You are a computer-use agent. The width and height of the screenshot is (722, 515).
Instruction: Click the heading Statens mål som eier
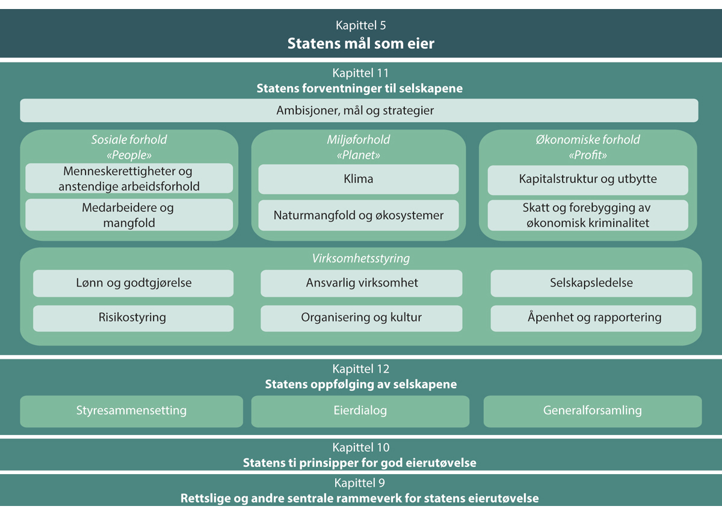[360, 43]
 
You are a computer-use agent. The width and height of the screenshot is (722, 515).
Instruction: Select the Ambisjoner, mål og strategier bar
[359, 111]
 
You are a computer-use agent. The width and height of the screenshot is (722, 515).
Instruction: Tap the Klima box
[359, 179]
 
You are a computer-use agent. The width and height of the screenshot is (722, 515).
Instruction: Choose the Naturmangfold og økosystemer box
[359, 215]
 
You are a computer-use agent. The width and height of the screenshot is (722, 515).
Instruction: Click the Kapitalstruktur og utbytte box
[588, 179]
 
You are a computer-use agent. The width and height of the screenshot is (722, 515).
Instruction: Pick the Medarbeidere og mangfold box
[129, 215]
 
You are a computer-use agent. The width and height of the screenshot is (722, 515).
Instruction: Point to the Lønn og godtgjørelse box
[133, 283]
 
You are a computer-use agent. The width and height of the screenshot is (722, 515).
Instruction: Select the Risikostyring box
[133, 318]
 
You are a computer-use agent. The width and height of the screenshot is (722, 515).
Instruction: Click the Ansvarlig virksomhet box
[361, 283]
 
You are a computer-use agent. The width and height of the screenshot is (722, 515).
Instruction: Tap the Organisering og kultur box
[361, 318]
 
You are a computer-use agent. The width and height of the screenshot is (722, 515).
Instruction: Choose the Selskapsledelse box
[591, 283]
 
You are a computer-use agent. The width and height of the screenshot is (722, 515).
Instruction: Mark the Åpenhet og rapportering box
[593, 318]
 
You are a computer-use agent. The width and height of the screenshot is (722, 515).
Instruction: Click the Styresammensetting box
[131, 411]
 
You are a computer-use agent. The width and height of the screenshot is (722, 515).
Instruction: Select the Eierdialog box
[360, 411]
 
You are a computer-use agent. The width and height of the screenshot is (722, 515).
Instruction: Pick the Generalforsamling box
[593, 411]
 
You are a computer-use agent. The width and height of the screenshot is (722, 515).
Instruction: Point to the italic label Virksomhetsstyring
[361, 259]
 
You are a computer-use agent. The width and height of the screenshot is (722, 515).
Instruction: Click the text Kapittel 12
[361, 369]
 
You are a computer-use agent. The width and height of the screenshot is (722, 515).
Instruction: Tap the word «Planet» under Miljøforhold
[359, 155]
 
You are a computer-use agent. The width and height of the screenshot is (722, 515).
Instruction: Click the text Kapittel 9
[361, 483]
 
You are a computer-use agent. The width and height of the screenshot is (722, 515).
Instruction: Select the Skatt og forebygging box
[588, 215]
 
